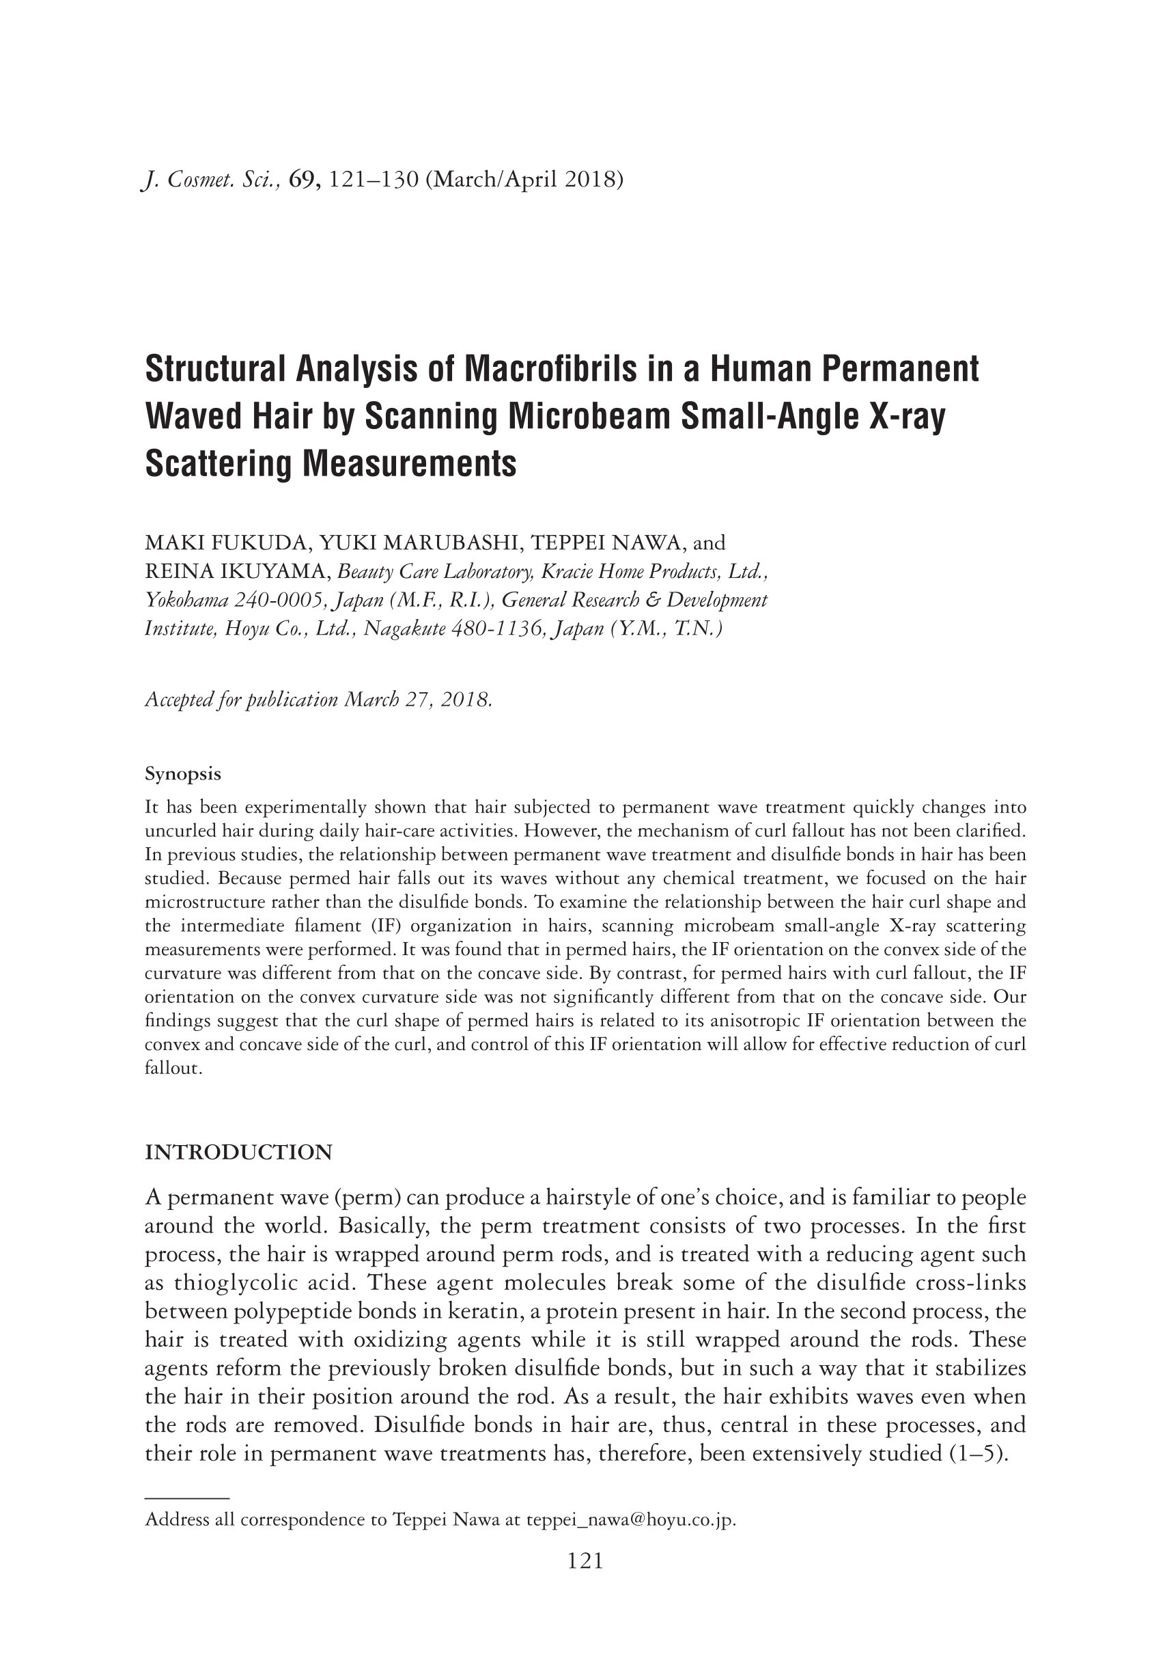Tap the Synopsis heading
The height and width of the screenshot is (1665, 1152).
tap(182, 774)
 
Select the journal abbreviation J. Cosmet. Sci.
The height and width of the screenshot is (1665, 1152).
tap(210, 179)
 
